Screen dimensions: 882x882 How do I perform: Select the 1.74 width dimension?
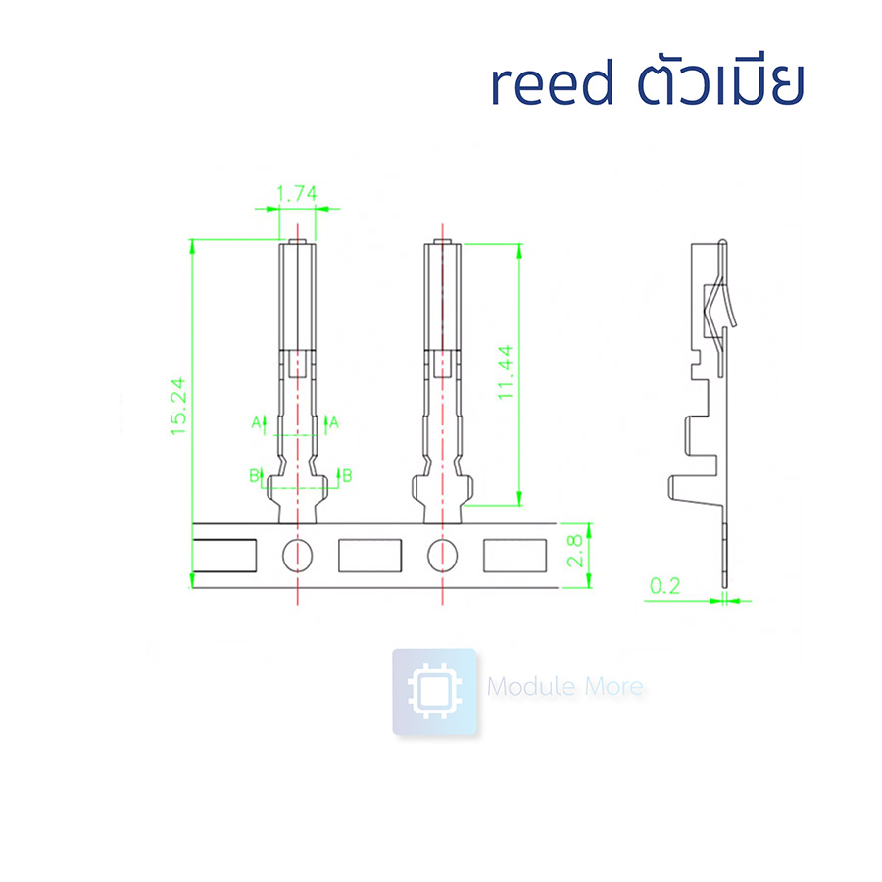click(x=296, y=194)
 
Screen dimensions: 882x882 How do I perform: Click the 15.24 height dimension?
click(x=179, y=408)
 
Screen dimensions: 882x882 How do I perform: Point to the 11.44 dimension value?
click(x=506, y=372)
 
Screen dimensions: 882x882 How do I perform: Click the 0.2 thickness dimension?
click(x=665, y=587)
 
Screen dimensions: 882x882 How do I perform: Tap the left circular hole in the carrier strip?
click(x=297, y=556)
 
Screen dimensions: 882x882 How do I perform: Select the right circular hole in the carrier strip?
click(x=443, y=556)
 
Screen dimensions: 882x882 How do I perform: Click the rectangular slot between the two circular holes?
click(x=370, y=556)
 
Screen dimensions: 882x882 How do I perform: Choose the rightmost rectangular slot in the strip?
click(x=515, y=556)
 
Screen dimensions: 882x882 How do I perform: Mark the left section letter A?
click(x=257, y=422)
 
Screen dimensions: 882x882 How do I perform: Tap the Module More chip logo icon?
click(x=434, y=691)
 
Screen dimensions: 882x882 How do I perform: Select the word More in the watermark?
click(x=612, y=687)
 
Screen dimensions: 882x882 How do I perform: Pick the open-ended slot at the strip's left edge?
click(x=222, y=556)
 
